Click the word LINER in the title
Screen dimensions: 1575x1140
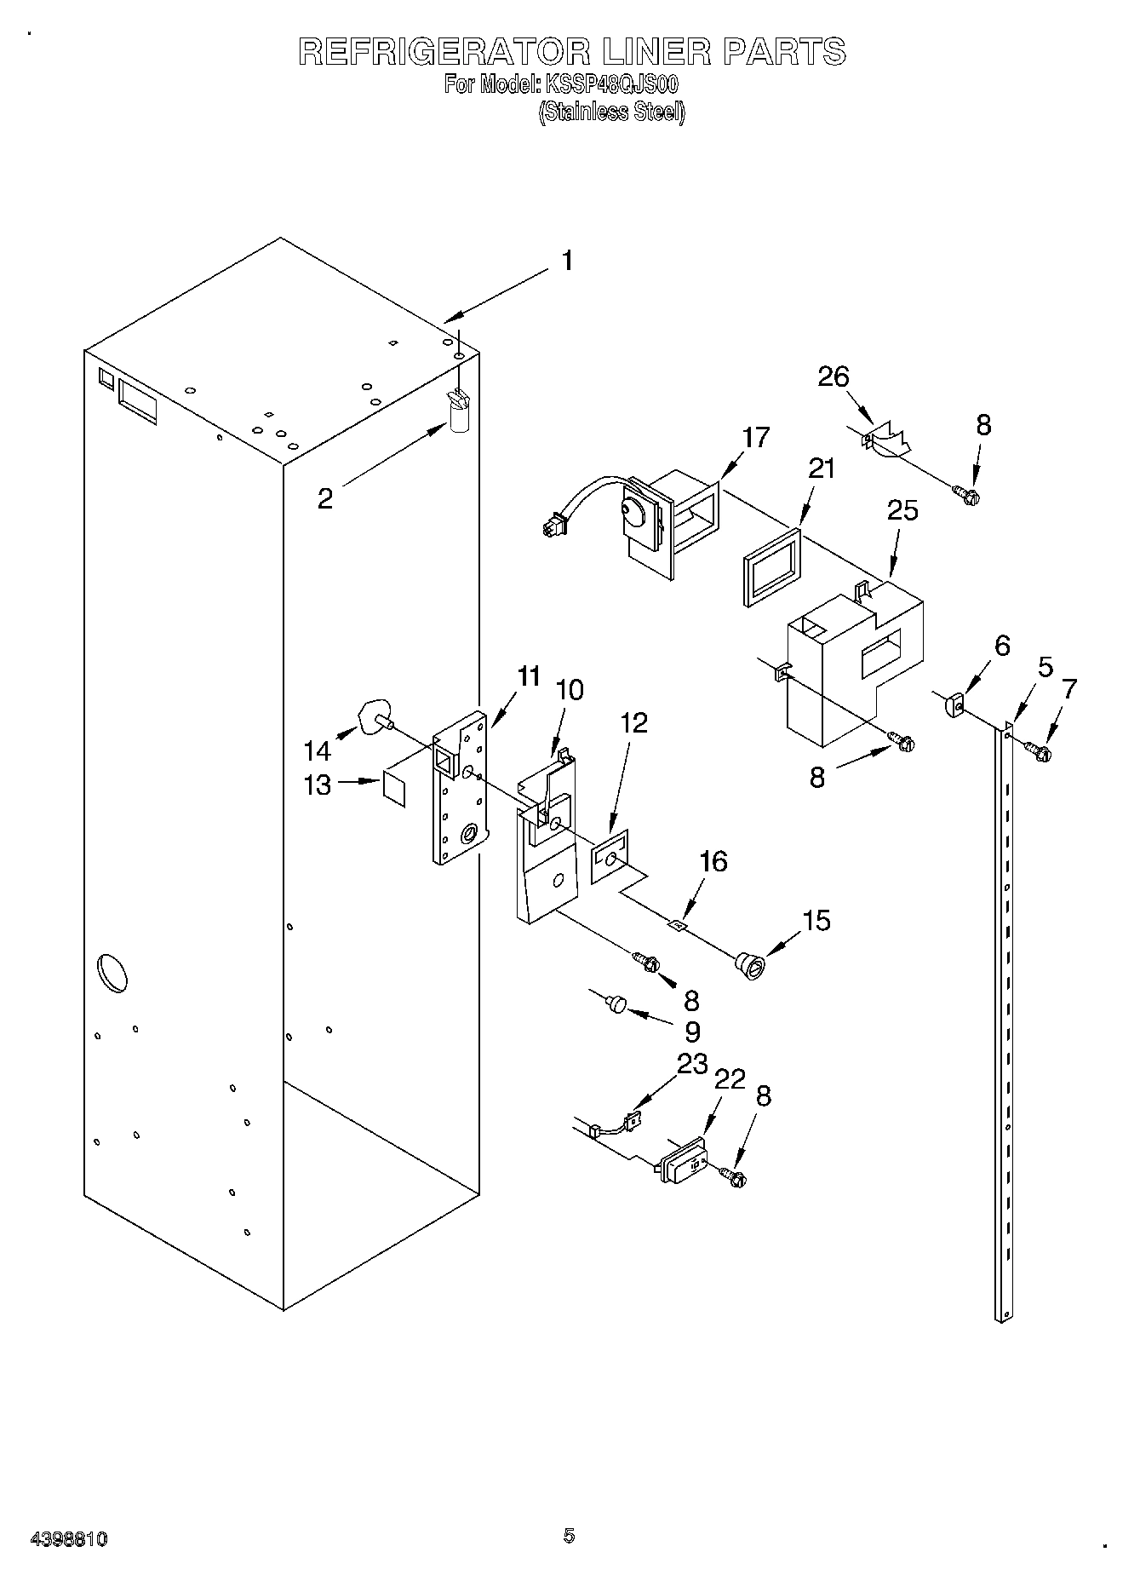656,52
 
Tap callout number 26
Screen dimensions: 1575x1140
834,377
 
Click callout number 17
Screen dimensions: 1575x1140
755,437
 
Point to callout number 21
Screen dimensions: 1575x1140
821,468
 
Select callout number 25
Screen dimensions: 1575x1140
902,510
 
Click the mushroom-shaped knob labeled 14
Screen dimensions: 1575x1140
375,716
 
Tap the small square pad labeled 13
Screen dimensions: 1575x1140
393,787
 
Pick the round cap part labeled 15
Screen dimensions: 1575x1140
750,967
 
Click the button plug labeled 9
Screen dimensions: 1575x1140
615,1006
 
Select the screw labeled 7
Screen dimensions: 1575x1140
1037,751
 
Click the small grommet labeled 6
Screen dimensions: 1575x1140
954,705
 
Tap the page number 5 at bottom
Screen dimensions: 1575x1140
569,1536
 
